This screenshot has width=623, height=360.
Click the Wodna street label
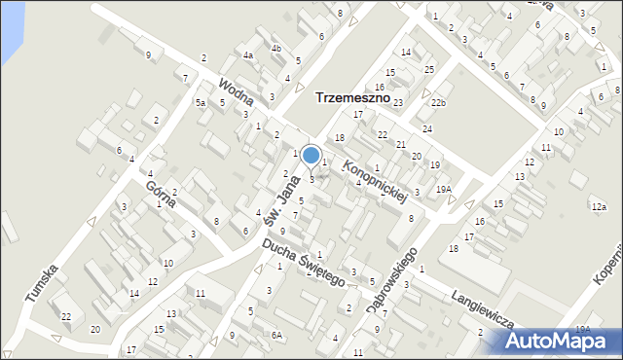pyautogui.click(x=237, y=92)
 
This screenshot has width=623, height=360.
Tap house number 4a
pyautogui.click(x=248, y=55)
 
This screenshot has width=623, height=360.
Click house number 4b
pyautogui.click(x=276, y=48)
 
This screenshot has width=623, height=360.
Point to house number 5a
pyautogui.click(x=201, y=102)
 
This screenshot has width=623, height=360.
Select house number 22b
pyautogui.click(x=438, y=103)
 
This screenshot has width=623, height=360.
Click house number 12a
pyautogui.click(x=598, y=207)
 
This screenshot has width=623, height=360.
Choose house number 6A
pyautogui.click(x=276, y=335)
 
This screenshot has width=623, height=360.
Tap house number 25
pyautogui.click(x=429, y=70)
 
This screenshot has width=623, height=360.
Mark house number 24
pyautogui.click(x=426, y=128)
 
